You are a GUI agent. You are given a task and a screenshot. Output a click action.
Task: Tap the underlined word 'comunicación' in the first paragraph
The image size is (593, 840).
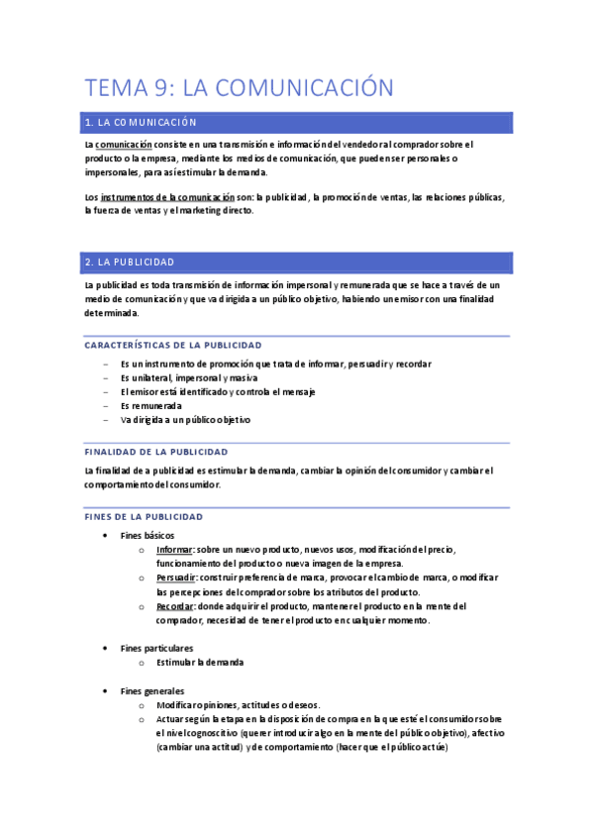124,145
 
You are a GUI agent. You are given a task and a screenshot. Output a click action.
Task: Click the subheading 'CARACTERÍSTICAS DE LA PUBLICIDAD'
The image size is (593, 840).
173,346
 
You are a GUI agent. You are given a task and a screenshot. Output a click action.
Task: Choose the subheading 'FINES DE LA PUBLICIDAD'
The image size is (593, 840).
145,517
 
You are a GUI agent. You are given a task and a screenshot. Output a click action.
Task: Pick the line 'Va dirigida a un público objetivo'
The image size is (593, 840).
185,420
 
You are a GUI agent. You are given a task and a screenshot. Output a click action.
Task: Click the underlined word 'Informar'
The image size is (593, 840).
175,549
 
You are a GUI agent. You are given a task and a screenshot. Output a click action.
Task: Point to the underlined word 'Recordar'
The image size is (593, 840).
175,605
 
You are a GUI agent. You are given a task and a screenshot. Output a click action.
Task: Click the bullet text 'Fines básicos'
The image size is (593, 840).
148,535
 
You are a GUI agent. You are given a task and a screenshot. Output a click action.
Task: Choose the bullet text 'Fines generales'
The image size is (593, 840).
152,690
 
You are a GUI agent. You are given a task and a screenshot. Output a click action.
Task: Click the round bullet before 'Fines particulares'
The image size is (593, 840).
106,648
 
